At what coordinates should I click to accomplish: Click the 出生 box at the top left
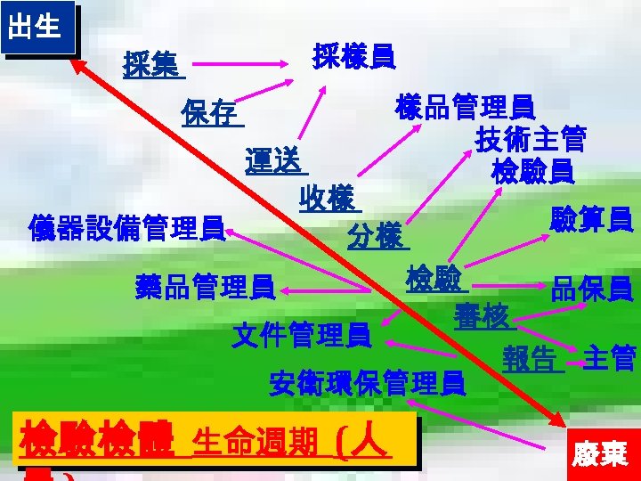coord(35,26)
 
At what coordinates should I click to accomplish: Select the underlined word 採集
coord(150,64)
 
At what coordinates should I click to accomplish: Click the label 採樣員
coord(354,56)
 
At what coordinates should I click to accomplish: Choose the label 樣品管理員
coord(463,108)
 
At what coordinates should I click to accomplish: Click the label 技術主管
coord(531,139)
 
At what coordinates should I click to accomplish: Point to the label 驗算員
coord(592,218)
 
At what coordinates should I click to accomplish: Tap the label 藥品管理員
coord(204,288)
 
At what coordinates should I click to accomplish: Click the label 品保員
coord(592,289)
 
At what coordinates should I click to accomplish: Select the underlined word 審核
coord(482,316)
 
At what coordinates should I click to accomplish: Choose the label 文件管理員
coord(301,336)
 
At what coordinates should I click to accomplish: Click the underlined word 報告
coord(531,359)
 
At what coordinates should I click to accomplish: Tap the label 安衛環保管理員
coord(367,383)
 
